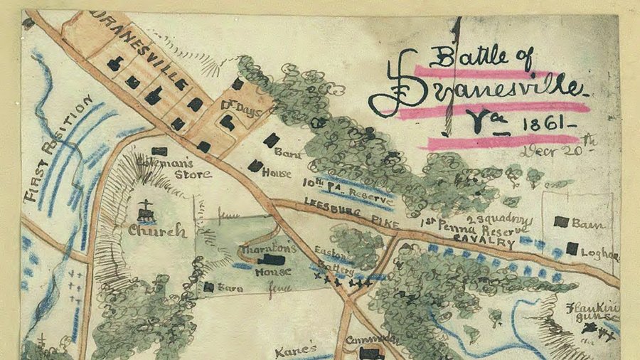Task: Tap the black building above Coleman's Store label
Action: coord(160,151)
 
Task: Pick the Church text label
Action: coord(156,231)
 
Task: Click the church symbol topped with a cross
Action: coord(146,211)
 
